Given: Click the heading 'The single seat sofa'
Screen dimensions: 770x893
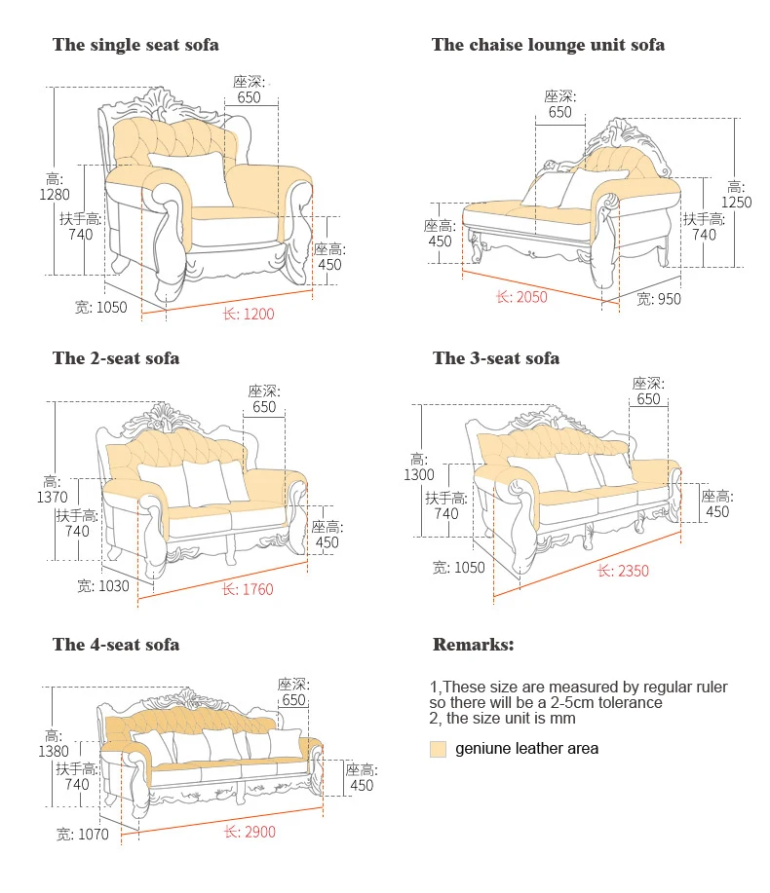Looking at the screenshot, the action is coord(135,45).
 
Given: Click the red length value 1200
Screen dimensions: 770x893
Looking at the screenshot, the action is coord(258,314).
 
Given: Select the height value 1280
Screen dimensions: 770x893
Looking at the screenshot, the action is coord(54,194).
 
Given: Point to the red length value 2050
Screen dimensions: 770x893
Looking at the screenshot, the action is coord(531,297).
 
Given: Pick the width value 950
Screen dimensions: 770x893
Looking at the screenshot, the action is coord(668,299).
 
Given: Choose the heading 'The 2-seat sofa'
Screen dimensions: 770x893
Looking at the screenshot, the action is coord(116,358).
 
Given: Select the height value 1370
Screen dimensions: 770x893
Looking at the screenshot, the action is coord(52,497).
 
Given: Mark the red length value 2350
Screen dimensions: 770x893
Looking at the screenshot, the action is coord(633,571).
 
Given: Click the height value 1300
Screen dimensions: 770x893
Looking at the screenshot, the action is coord(419,474).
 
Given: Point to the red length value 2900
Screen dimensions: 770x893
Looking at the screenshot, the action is coord(258,832).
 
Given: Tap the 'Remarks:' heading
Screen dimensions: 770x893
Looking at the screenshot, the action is coord(473,645).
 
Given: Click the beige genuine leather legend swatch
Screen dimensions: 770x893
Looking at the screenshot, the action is coord(438,749).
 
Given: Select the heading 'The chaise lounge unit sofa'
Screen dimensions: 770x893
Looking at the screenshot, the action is coord(548,45).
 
